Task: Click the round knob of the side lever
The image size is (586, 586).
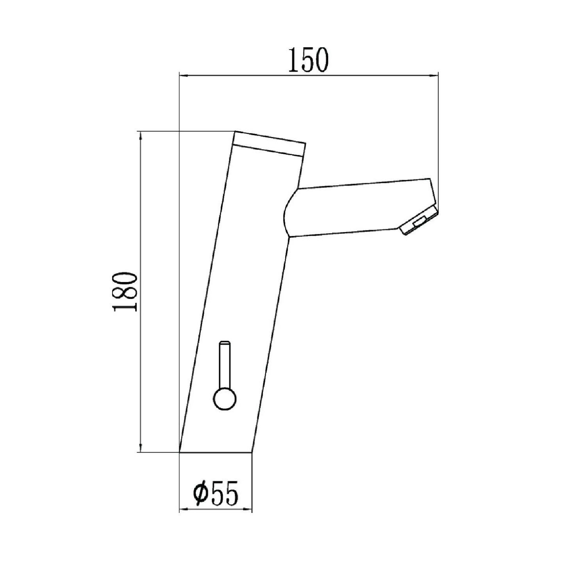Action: coord(225,399)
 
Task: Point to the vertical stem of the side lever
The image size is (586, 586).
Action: coord(225,364)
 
